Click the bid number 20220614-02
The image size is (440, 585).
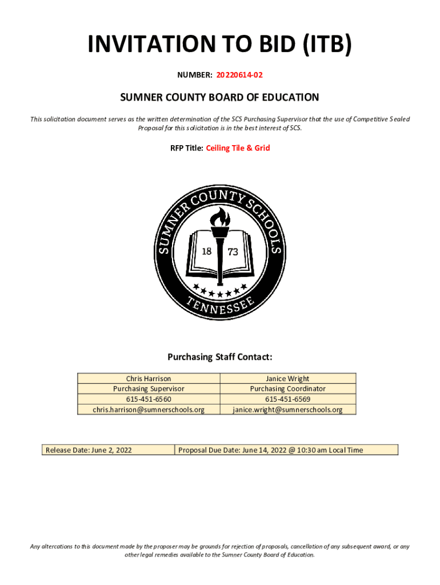[x=239, y=75]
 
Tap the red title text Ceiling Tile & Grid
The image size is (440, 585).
[x=238, y=148]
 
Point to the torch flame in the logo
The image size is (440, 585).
[x=220, y=217]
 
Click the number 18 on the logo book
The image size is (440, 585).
[x=206, y=252]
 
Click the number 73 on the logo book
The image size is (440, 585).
[x=233, y=252]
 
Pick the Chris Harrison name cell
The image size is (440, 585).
[x=149, y=378]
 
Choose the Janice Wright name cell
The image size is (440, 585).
[x=287, y=378]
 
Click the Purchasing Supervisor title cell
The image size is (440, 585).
[x=149, y=388]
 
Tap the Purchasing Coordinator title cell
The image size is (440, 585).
[x=287, y=388]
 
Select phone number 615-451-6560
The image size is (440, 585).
[x=149, y=399]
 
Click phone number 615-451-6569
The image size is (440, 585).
[x=287, y=399]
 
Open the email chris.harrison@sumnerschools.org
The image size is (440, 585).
[x=149, y=409]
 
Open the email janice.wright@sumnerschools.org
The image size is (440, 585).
[x=287, y=409]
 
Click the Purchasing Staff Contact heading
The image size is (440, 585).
[x=219, y=357]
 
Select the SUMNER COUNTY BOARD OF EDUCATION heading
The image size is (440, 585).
[x=219, y=98]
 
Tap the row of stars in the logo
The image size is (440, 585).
[x=220, y=291]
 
